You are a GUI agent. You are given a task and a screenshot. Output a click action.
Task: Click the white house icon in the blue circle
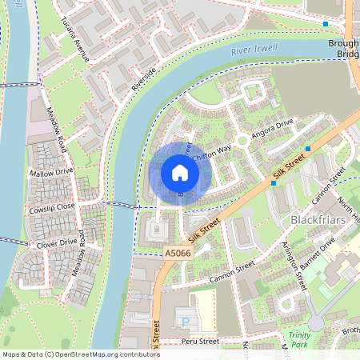(x=179, y=173)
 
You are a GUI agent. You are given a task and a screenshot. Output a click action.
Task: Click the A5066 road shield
(x=177, y=253)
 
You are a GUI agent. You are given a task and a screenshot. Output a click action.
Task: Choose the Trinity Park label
(x=298, y=339)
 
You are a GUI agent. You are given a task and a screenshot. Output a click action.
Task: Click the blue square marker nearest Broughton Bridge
(x=325, y=24)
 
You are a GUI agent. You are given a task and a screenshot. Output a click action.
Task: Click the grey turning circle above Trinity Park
(x=316, y=322)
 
